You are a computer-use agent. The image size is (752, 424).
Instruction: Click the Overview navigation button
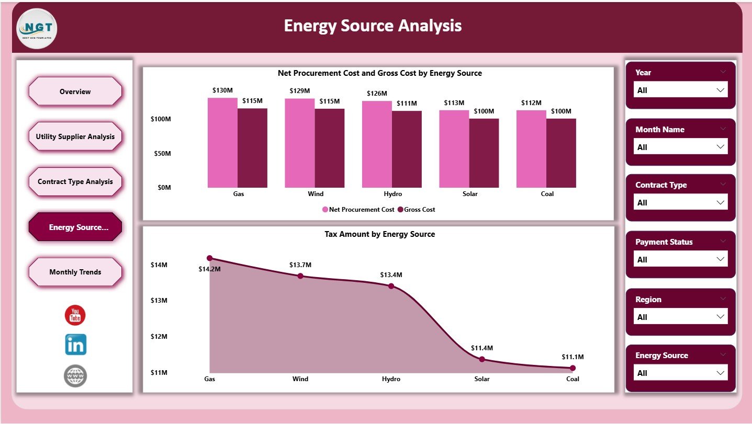coord(75,91)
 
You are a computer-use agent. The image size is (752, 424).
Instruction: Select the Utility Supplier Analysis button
coord(75,136)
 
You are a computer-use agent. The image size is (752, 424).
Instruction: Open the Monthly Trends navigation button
coord(75,272)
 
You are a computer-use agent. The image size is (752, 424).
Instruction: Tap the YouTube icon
coord(75,315)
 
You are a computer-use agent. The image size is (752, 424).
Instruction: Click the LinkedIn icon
coord(75,345)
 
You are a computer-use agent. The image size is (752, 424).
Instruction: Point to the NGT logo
coord(37,29)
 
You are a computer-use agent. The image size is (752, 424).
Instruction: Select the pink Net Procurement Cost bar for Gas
coord(222,142)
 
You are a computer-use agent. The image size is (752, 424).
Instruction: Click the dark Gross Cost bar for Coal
coord(561,153)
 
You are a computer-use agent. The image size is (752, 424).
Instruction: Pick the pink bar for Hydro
coord(377,144)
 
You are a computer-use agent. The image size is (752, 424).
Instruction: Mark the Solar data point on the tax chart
coord(482,359)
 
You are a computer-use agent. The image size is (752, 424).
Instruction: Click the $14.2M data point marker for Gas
coord(210,258)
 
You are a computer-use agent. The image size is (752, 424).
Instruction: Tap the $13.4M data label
coord(391,274)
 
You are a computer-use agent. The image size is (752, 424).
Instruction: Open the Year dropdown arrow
coord(721,90)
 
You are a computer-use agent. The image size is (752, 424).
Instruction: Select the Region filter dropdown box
coord(680,317)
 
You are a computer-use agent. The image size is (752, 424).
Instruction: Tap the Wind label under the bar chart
coord(316,194)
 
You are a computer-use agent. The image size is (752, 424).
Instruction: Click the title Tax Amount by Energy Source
coord(379,234)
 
